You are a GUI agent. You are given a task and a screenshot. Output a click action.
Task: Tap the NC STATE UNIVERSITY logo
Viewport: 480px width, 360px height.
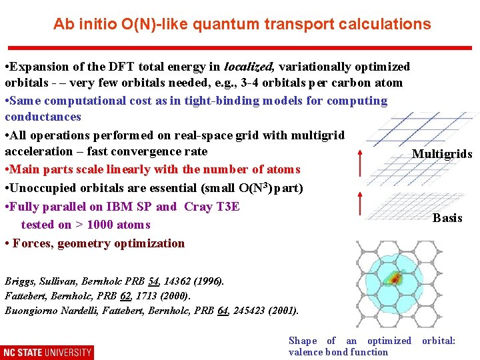tap(47, 351)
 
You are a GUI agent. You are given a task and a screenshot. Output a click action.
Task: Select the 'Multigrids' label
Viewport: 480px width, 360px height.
tap(442, 154)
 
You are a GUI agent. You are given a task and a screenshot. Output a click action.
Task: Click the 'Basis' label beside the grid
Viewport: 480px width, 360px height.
tap(447, 218)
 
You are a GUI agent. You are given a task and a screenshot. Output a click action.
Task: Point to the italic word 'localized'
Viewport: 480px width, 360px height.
tap(249, 67)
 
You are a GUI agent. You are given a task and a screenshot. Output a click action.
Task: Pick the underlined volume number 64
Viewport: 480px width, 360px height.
tap(223, 311)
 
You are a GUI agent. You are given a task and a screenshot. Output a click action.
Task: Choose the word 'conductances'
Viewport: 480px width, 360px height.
tap(43, 117)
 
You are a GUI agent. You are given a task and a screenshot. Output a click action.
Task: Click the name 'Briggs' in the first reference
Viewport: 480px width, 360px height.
tap(21, 281)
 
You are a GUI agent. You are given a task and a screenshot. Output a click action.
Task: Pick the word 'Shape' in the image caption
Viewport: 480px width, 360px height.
tap(303, 341)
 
